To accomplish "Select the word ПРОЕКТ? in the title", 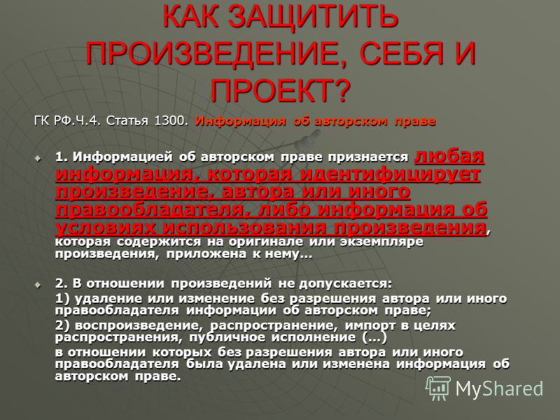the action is [279, 90].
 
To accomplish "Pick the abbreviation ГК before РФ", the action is [43, 120].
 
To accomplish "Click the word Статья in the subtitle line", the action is [127, 120].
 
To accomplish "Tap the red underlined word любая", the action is [449, 155].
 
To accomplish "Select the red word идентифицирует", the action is [390, 174].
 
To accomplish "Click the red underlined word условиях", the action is [106, 227].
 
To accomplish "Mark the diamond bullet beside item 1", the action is [38, 158].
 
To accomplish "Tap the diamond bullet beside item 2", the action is [38, 285].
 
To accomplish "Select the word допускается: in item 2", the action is [345, 284].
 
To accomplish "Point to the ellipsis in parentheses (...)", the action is [374, 337].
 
